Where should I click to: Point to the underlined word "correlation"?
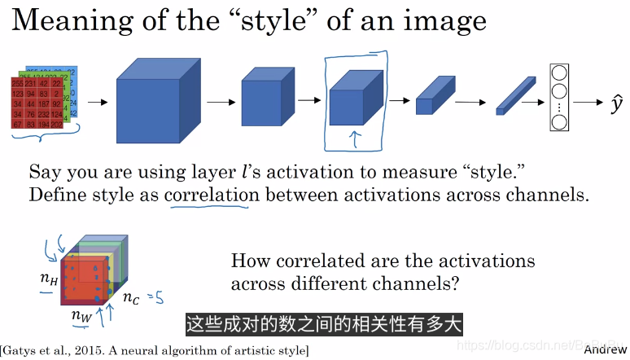click(x=212, y=195)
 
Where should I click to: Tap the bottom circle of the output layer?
click(x=560, y=122)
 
